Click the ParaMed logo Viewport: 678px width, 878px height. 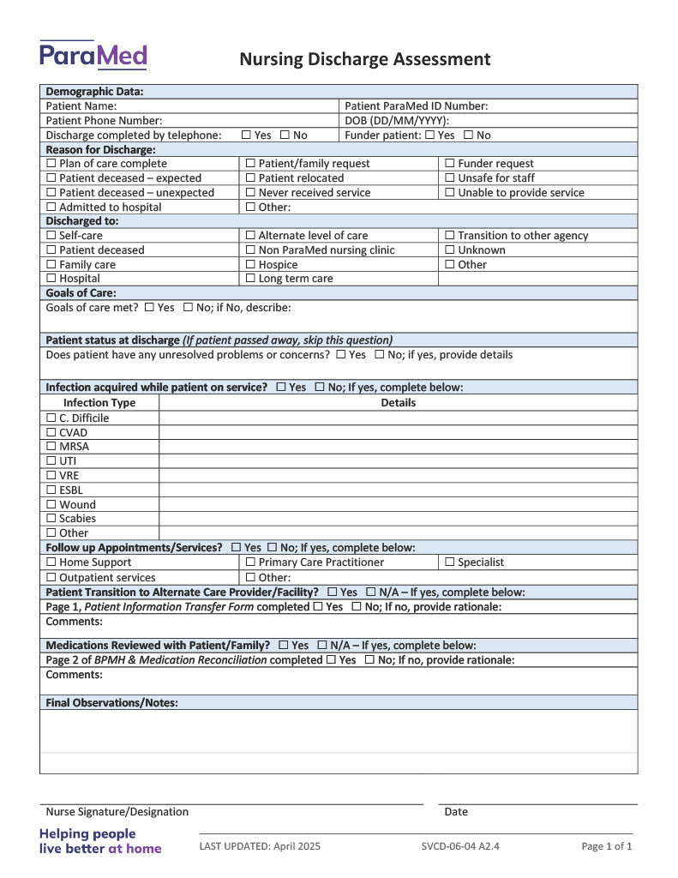(x=93, y=55)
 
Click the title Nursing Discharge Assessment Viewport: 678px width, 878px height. (x=364, y=59)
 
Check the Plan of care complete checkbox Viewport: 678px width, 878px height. (x=51, y=164)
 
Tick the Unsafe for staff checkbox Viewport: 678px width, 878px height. (x=450, y=178)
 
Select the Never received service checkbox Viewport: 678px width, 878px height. (x=250, y=193)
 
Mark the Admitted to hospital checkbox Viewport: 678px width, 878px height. (x=51, y=207)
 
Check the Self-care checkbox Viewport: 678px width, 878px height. (x=51, y=236)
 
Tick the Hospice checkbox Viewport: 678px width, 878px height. (x=250, y=265)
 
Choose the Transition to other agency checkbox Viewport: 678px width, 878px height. (x=450, y=236)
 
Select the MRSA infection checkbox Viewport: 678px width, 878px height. (x=51, y=447)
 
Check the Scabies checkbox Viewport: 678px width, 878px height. (x=51, y=519)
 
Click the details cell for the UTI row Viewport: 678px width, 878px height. (x=398, y=461)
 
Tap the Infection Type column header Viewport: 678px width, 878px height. (x=99, y=403)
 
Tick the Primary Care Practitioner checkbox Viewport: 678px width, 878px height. (x=250, y=562)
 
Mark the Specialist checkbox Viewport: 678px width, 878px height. (x=450, y=562)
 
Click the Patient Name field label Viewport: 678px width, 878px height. (x=81, y=106)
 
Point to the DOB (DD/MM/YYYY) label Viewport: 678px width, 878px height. (x=397, y=121)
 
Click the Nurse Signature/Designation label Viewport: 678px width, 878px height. (x=117, y=812)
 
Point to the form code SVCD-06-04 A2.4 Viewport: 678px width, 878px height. (x=460, y=847)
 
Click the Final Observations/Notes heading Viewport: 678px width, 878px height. (x=112, y=703)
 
